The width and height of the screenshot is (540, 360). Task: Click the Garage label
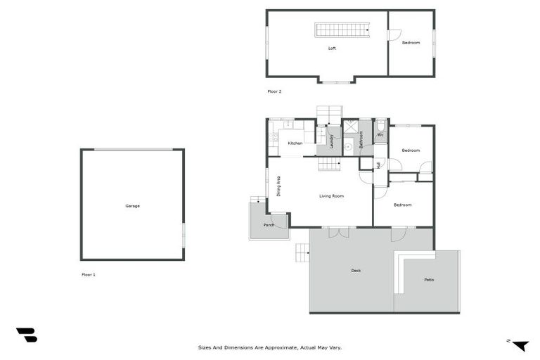pos(132,206)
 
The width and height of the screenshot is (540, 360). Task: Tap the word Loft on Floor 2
pos(332,49)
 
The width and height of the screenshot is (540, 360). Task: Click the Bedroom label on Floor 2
pos(411,43)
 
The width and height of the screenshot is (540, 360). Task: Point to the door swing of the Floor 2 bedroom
pos(394,34)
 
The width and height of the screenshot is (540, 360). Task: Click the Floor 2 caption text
pos(274,91)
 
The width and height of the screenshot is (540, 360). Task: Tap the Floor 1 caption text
pos(88,274)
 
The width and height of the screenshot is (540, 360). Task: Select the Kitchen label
pos(295,143)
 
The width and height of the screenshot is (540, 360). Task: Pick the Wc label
pos(380,134)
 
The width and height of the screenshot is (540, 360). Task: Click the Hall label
pos(379,165)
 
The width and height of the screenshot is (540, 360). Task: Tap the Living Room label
pos(331,195)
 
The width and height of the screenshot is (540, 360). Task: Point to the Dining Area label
pos(279,185)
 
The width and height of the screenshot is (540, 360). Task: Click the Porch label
pos(269,225)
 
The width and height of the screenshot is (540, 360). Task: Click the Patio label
pos(429,280)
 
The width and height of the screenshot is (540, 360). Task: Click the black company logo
pos(27,335)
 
